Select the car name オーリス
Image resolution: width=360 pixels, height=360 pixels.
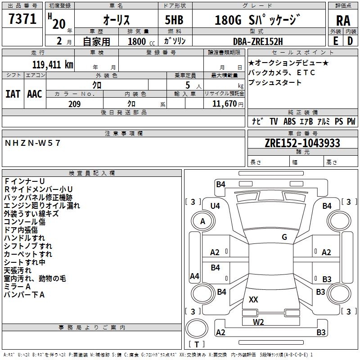(x=117, y=20)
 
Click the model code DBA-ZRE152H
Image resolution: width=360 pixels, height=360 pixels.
(x=258, y=41)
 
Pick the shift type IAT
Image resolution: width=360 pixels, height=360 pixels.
(x=13, y=94)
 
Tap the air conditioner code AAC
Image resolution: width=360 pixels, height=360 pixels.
(x=34, y=94)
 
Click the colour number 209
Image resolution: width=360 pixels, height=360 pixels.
(x=74, y=104)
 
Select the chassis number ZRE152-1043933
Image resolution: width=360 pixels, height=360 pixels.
(x=302, y=143)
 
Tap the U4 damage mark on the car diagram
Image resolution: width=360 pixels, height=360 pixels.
(x=215, y=206)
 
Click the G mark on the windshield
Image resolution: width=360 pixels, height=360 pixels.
(x=284, y=237)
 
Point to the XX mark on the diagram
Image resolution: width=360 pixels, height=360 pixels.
(x=253, y=299)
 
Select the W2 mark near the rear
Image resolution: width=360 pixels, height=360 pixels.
(x=258, y=321)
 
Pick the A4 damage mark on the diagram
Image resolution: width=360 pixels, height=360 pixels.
(x=194, y=276)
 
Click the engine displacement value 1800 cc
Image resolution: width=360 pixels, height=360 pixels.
(x=141, y=41)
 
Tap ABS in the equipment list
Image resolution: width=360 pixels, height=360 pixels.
(x=290, y=121)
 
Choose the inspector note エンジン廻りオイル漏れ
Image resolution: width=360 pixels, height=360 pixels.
(x=42, y=205)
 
